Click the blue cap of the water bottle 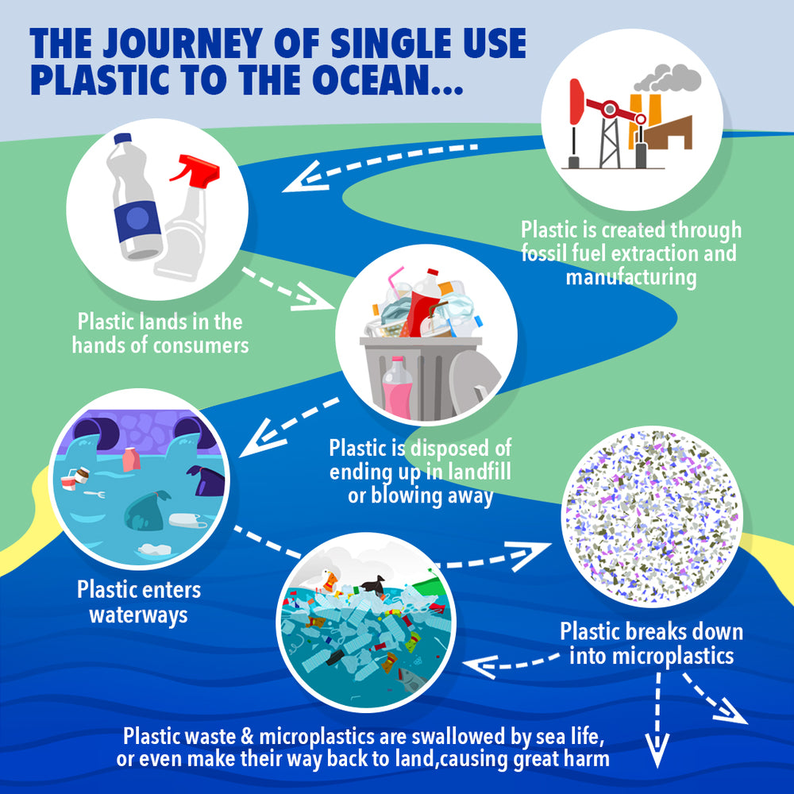[x=123, y=138]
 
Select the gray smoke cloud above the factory [x=668, y=78]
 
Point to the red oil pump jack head [x=576, y=102]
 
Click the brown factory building [x=669, y=133]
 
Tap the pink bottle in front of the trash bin [x=398, y=388]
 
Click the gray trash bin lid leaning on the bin [x=473, y=383]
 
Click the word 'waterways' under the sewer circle [x=138, y=615]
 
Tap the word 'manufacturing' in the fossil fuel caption [x=631, y=277]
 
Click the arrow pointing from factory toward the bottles [x=380, y=161]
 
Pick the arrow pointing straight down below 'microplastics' [x=657, y=719]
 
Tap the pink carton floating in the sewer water [x=131, y=459]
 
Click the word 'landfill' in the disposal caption [x=479, y=472]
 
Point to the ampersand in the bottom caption [x=247, y=737]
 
